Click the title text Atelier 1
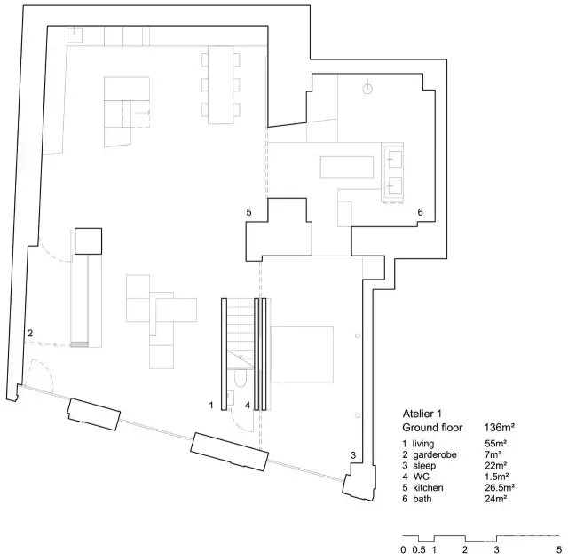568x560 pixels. [422, 414]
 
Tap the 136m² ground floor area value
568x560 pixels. [500, 428]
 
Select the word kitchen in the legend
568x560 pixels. [428, 487]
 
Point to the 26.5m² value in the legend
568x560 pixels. [500, 487]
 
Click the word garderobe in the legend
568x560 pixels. [435, 455]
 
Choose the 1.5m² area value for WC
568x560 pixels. [497, 477]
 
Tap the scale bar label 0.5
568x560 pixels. [419, 550]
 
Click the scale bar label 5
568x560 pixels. [559, 550]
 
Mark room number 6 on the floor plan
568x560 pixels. [420, 212]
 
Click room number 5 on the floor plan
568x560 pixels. [248, 212]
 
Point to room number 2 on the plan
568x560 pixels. [30, 333]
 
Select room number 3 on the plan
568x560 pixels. [353, 455]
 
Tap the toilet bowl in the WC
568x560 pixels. [240, 378]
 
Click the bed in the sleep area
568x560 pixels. [302, 354]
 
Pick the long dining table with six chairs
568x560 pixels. [221, 85]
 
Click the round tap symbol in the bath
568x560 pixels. [367, 88]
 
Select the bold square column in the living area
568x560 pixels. [89, 241]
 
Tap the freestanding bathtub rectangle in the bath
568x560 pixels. [347, 168]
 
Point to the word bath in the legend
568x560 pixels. [422, 499]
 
